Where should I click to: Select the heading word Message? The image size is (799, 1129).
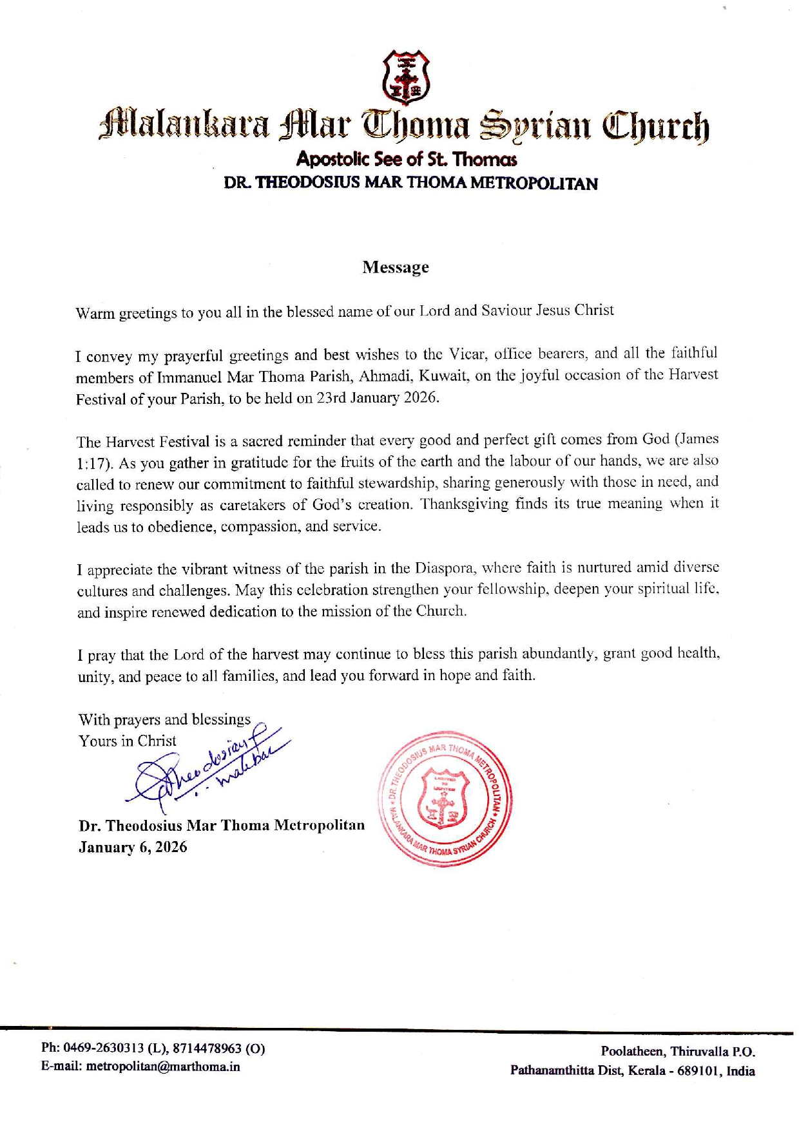click(395, 267)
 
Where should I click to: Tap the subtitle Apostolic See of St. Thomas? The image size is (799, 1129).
click(406, 159)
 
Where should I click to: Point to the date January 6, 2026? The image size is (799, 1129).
click(133, 847)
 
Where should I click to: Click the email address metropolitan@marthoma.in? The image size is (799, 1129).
click(163, 1067)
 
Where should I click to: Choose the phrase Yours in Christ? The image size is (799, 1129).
click(127, 741)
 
